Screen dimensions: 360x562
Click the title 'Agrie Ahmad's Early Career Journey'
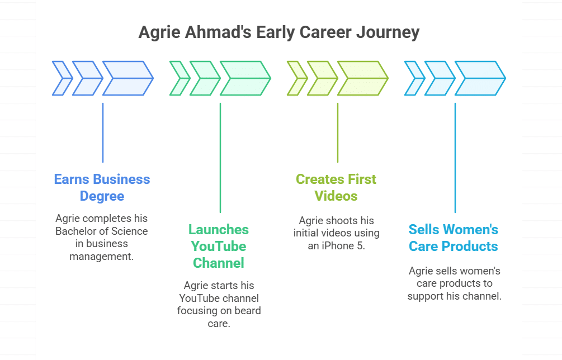[278, 32]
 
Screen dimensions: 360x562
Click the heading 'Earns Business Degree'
[102, 187]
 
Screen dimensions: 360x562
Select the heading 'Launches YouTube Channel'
[219, 246]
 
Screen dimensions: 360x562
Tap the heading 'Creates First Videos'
[336, 187]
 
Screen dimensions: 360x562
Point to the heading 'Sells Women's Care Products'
[454, 238]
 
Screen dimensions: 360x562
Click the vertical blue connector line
[103, 132]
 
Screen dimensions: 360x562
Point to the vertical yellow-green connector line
[338, 132]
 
